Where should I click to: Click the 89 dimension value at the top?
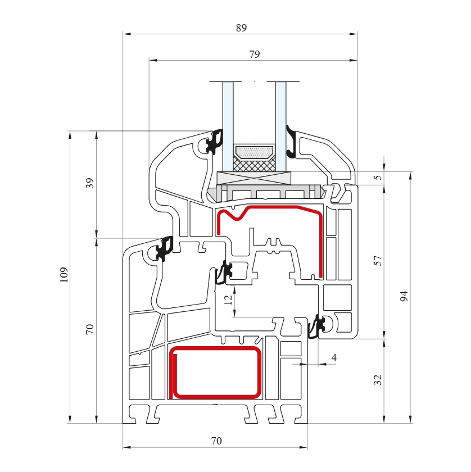241,28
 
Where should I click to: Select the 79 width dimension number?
254,54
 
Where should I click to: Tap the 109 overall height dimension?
64,274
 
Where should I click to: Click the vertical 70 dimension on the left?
90,329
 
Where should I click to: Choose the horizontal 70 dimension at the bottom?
216,441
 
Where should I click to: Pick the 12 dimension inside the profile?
228,299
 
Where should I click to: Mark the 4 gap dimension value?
334,357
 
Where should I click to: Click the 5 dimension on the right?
378,178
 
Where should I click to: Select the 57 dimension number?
378,260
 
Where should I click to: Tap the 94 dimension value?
404,297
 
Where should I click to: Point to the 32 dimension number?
378,379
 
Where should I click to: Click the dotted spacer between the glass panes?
255,152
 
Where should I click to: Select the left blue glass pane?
228,126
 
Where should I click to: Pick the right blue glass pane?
280,126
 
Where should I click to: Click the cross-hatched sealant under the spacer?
255,165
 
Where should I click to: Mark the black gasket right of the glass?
292,142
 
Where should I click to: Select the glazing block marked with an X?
255,179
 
